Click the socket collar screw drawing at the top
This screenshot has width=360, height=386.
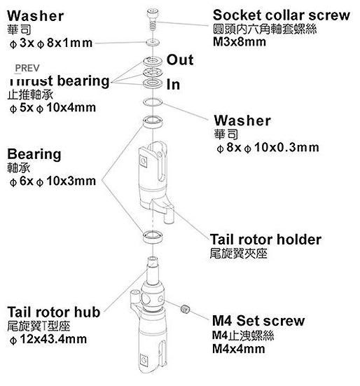point(153,19)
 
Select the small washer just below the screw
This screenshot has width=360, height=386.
point(153,42)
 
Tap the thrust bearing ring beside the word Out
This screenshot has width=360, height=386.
point(153,61)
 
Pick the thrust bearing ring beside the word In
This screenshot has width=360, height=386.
point(153,83)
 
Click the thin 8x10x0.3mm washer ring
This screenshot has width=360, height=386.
point(153,102)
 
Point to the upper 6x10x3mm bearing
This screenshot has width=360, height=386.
point(153,122)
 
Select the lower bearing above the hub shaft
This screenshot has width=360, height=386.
point(153,237)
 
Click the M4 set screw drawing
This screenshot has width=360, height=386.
point(186,308)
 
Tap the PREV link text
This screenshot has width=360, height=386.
point(27,68)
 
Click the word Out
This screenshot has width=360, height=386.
point(180,60)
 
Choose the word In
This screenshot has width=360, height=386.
point(173,85)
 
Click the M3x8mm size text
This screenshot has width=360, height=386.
point(239,41)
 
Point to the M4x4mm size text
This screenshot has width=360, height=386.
point(238,349)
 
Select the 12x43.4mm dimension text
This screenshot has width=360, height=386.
point(48,339)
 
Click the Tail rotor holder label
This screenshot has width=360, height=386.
point(265,240)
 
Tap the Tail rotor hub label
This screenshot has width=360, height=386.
point(54,312)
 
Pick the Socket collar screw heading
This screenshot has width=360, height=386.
point(282,15)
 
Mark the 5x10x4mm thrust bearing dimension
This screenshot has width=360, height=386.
point(53,108)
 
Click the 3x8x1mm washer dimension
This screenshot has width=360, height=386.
point(51,43)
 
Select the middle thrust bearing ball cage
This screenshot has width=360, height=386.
point(153,72)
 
